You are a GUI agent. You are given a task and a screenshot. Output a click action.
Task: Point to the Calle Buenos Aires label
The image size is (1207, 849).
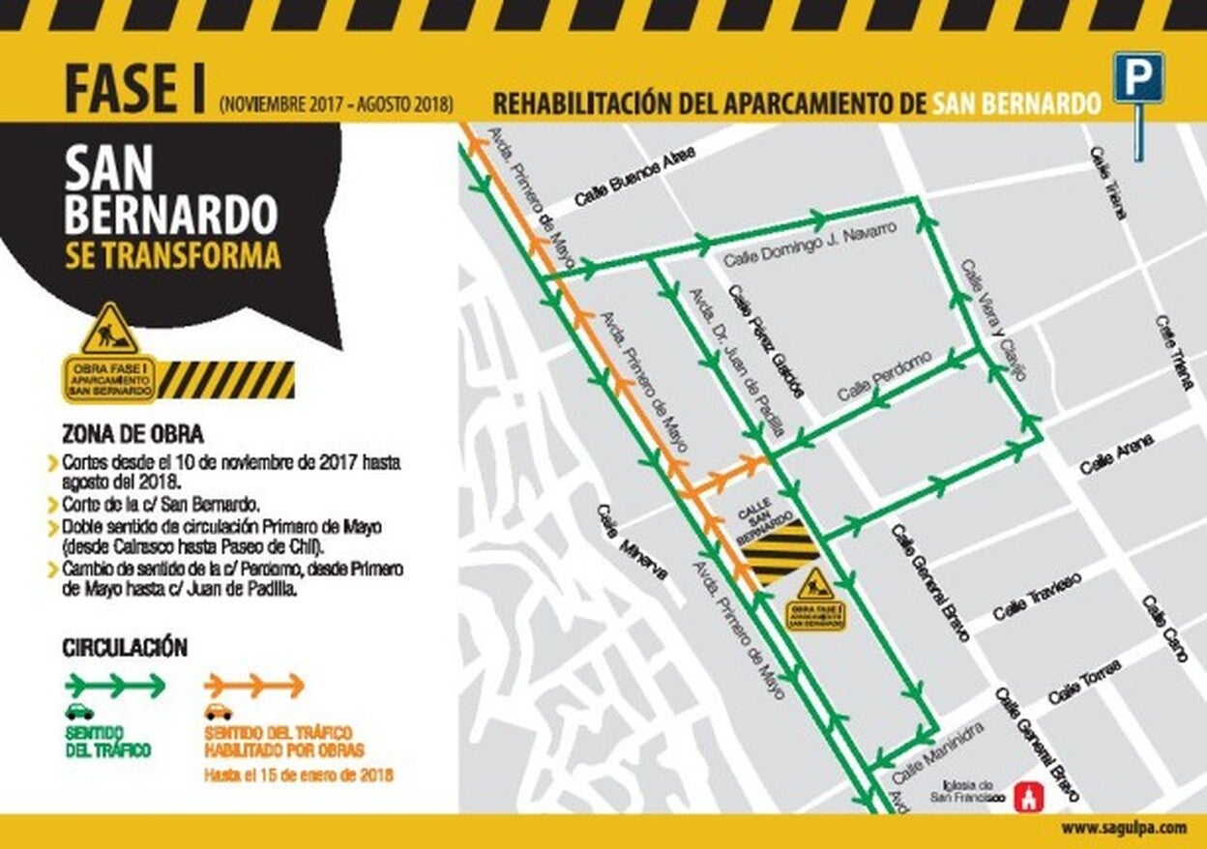634,183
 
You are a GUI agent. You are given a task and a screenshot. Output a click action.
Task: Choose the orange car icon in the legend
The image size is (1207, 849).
219,713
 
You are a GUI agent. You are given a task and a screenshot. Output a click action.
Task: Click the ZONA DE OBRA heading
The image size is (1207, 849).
132,434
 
